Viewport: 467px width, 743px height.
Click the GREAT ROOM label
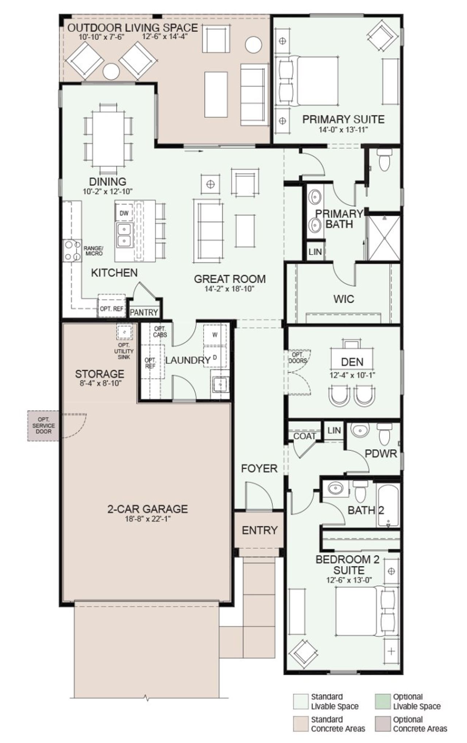[x=229, y=279]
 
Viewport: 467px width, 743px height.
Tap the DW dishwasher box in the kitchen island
[x=124, y=213]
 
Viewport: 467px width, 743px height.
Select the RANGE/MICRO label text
[x=94, y=251]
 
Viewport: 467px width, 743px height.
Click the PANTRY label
[x=144, y=313]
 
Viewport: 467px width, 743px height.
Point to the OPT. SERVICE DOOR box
[x=43, y=426]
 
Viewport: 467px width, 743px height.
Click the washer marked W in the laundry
[x=215, y=335]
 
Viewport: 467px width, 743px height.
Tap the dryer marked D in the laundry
[x=215, y=357]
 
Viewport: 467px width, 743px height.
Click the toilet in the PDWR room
[x=384, y=434]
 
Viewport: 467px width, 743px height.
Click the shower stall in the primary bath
[x=384, y=238]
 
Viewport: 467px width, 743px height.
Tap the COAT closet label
[x=304, y=436]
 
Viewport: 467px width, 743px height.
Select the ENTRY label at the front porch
[x=259, y=530]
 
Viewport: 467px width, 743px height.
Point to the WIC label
[x=343, y=299]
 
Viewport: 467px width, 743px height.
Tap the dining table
[x=108, y=138]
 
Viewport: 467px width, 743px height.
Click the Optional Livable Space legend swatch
[x=382, y=701]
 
